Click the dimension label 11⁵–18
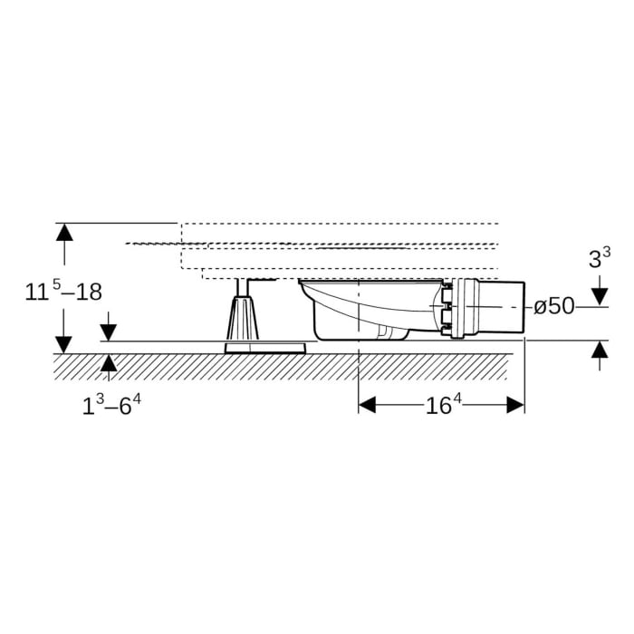(63, 291)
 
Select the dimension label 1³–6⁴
(111, 405)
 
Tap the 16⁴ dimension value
(444, 404)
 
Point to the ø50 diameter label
(554, 306)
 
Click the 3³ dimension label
(600, 258)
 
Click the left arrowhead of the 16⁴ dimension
(367, 405)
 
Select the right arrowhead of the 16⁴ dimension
(515, 405)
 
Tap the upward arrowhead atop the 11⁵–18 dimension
(64, 232)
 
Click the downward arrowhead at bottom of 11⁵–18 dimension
(64, 345)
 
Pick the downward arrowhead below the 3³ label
(600, 297)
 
